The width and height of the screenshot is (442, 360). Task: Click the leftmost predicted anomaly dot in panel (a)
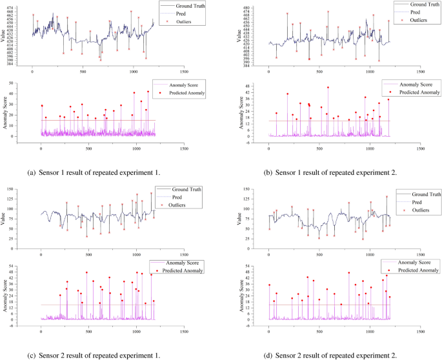(42, 106)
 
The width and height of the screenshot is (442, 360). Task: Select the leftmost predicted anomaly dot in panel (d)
(269, 285)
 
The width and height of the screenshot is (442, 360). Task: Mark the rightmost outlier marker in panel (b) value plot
(388, 21)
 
